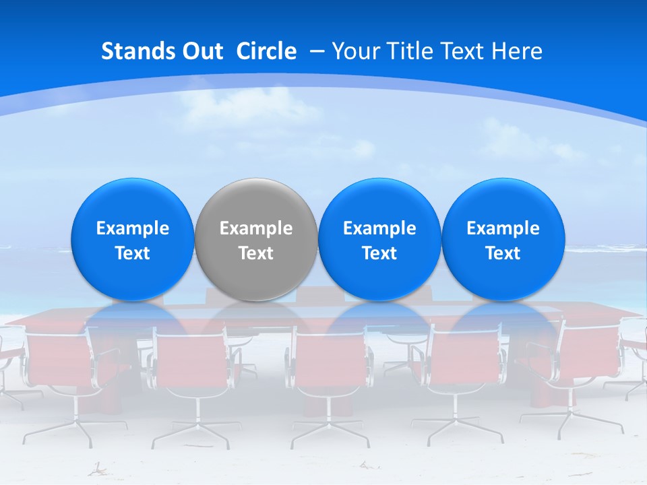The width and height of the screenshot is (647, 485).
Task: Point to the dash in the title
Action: coord(317,52)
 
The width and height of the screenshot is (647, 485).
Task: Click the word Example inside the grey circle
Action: coord(256,228)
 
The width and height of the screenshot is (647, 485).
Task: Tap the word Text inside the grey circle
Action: coord(256,253)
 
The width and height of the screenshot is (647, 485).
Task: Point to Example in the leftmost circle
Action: coord(132,228)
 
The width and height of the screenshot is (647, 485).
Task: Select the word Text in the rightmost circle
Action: coord(503,253)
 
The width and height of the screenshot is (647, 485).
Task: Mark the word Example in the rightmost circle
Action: coord(503,228)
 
